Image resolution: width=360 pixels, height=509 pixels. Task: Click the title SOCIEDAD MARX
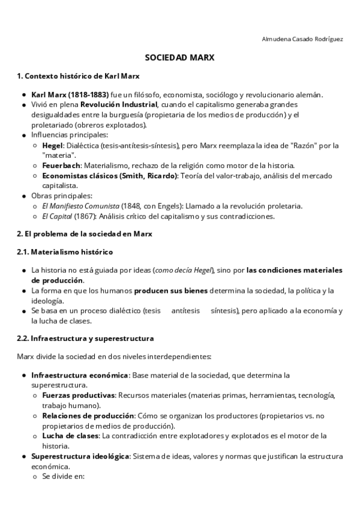pyautogui.click(x=180, y=59)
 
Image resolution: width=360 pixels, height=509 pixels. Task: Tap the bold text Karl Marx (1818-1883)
pyautogui.click(x=70, y=95)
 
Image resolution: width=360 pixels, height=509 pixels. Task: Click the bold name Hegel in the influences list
pyautogui.click(x=52, y=145)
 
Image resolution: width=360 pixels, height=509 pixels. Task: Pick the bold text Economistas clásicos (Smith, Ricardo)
pyautogui.click(x=110, y=175)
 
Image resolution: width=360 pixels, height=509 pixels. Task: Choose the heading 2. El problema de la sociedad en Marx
pyautogui.click(x=85, y=234)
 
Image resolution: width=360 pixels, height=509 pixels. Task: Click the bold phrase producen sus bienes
pyautogui.click(x=170, y=291)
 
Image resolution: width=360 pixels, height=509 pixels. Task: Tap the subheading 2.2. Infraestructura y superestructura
pyautogui.click(x=85, y=339)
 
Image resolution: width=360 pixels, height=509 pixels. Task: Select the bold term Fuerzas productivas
pyautogui.click(x=78, y=396)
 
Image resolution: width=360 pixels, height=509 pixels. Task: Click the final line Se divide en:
pyautogui.click(x=64, y=477)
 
